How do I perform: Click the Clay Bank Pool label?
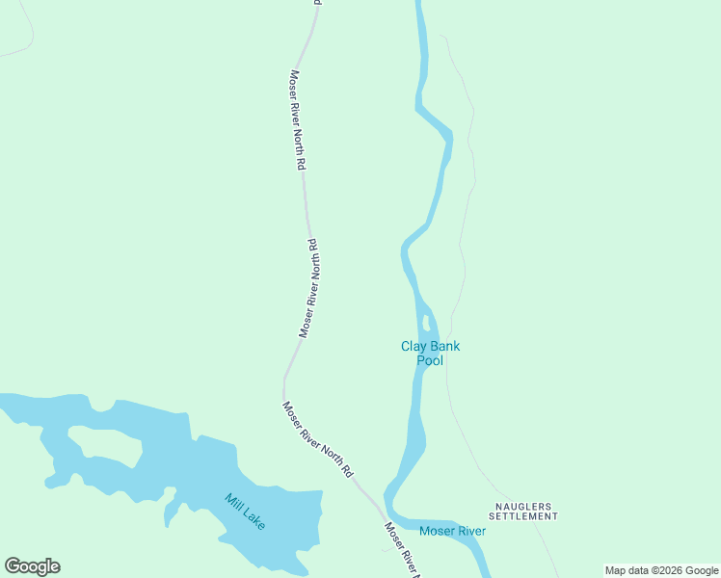430,354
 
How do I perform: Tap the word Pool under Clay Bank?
430,361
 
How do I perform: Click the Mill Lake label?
245,512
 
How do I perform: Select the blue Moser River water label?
452,531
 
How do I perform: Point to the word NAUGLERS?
522,505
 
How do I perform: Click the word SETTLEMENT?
522,516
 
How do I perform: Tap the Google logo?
32,566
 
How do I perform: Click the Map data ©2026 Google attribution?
661,570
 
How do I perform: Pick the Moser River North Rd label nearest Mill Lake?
318,439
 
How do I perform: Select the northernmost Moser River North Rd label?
297,119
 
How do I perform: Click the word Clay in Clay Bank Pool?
413,347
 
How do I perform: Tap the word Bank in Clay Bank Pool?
444,347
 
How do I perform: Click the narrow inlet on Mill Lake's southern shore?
171,511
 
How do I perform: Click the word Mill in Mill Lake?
232,501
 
